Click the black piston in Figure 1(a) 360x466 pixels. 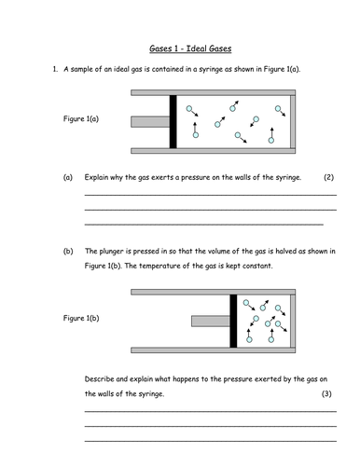[173, 121]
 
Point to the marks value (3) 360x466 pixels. [326, 394]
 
